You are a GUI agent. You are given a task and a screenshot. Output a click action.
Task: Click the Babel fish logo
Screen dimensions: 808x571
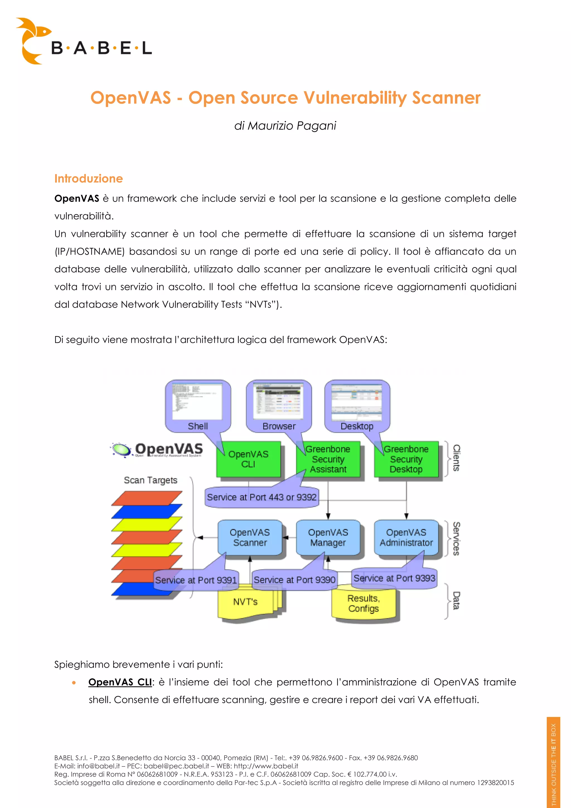coord(33,40)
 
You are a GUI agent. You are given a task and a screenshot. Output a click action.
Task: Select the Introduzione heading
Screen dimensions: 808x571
coord(88,179)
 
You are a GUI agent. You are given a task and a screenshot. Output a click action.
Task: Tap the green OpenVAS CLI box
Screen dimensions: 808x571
coord(248,459)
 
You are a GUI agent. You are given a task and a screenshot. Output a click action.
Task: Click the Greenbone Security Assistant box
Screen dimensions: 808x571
coord(328,459)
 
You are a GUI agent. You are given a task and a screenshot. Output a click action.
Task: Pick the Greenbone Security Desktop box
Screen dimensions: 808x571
coord(406,459)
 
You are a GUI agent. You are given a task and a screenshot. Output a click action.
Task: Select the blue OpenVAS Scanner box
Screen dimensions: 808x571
coord(250,537)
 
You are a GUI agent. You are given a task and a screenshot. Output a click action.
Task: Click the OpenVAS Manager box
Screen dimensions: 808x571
coord(328,537)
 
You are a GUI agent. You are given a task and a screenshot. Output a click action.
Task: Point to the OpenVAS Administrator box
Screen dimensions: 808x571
coord(406,537)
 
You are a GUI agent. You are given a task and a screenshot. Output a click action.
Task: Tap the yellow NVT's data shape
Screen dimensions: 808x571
coord(246,602)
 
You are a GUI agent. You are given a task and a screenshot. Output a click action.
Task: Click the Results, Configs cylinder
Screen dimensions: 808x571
coord(364,603)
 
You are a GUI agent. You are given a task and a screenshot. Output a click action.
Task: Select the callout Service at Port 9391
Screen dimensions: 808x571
coord(196,580)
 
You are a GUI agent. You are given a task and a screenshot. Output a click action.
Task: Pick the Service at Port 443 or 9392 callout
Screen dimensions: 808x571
coord(262,497)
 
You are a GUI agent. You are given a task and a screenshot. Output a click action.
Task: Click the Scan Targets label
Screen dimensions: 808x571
coord(151,480)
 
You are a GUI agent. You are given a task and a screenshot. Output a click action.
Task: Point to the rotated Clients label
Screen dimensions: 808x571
coord(456,458)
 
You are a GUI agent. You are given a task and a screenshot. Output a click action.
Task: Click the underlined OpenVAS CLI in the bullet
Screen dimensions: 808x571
coord(120,682)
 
